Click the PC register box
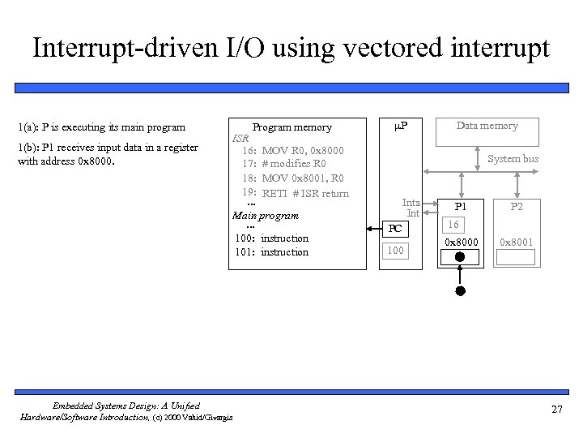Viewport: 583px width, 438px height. (x=395, y=230)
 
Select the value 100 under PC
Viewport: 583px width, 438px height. (x=395, y=251)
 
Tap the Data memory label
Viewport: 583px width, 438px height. (x=487, y=125)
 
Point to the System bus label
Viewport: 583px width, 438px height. (x=513, y=159)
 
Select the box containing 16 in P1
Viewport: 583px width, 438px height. (x=454, y=224)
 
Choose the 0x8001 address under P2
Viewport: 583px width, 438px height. (x=516, y=242)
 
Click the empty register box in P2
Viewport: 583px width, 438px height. (x=516, y=258)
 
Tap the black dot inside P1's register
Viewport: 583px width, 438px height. (x=458, y=258)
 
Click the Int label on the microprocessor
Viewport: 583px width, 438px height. (x=413, y=213)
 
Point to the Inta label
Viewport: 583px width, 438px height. (x=411, y=203)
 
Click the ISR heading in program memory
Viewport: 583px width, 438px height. (x=240, y=139)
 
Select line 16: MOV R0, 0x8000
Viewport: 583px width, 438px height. (x=291, y=151)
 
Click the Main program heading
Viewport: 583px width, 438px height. (x=266, y=216)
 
